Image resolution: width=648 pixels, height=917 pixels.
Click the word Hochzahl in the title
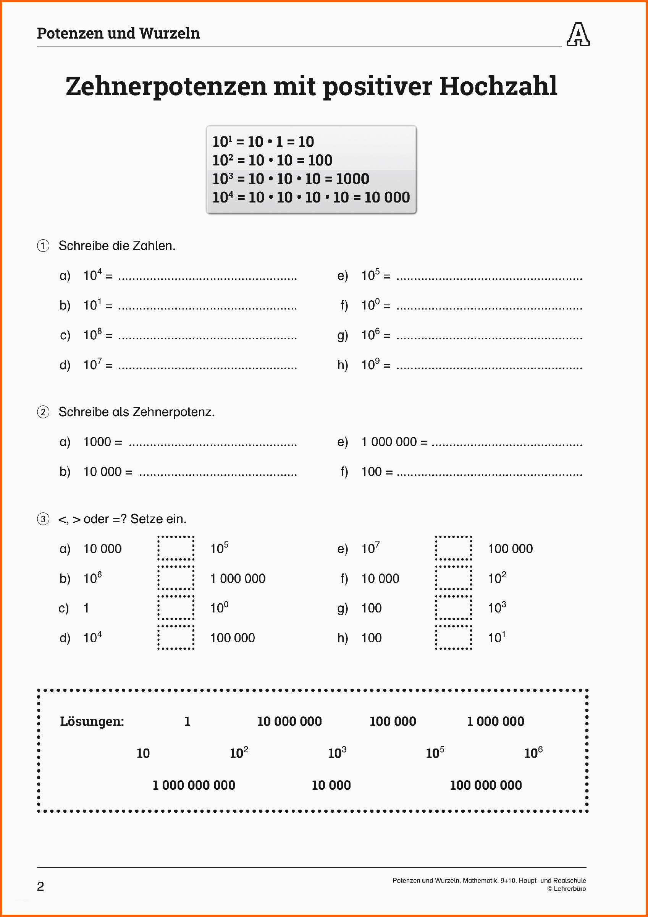[498, 86]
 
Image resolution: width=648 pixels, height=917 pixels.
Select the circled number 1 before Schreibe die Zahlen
[43, 246]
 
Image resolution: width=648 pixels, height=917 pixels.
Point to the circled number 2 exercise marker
[43, 412]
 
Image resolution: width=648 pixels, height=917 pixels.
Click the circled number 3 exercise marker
[43, 519]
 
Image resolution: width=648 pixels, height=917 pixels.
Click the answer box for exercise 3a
[176, 548]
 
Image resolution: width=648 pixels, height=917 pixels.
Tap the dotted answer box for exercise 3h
[453, 638]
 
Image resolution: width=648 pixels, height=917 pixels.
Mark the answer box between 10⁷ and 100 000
[453, 548]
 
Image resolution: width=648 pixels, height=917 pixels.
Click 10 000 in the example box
[387, 197]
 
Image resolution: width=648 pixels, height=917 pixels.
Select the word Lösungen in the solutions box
[92, 721]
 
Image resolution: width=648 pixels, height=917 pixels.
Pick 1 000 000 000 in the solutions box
[194, 785]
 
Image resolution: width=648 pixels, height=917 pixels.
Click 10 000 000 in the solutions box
[289, 721]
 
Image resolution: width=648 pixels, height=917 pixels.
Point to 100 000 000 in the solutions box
[485, 785]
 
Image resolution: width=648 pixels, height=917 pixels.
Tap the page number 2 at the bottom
[40, 887]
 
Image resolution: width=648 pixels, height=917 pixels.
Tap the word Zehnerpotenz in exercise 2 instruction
[173, 412]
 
